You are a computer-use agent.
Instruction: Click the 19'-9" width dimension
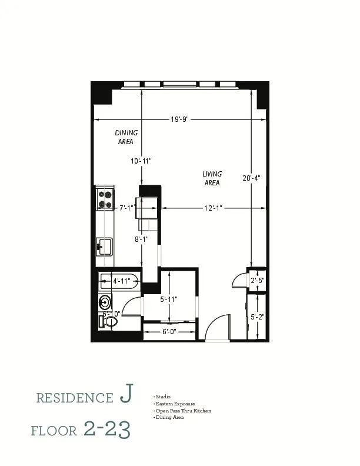[179, 119]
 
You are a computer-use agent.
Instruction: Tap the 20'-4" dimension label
[251, 177]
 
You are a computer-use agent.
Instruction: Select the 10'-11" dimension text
[141, 161]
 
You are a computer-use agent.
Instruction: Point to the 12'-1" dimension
[214, 208]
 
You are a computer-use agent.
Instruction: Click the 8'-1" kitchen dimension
[142, 239]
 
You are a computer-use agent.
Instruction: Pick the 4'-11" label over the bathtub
[121, 281]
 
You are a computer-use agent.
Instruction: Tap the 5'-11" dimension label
[169, 299]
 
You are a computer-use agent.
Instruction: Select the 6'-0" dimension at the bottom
[171, 332]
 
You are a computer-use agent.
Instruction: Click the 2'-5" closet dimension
[258, 281]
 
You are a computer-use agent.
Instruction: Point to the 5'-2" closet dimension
[258, 317]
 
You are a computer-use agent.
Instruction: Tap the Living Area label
[212, 178]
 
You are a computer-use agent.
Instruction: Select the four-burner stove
[105, 199]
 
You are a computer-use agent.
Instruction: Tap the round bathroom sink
[105, 303]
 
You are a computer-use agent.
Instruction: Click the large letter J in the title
[125, 396]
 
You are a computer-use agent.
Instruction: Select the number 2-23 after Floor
[106, 430]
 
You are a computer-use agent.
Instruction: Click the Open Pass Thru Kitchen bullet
[182, 411]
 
